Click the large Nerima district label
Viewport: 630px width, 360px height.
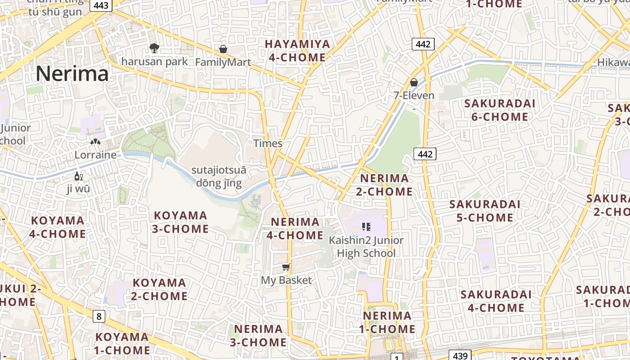click(72, 73)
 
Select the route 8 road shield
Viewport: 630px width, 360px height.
click(99, 316)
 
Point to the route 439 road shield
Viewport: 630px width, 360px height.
click(460, 356)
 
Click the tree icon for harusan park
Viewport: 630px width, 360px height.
click(154, 48)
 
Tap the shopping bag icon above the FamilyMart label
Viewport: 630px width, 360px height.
click(223, 49)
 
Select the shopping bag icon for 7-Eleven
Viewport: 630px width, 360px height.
click(414, 82)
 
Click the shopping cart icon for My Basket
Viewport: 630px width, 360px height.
click(286, 267)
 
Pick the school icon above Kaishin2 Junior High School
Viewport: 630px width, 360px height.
click(366, 227)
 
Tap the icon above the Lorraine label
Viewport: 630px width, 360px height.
click(95, 142)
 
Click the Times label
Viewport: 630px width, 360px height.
click(268, 144)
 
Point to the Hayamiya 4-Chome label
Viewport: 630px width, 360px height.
click(297, 50)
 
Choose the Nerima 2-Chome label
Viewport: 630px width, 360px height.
click(384, 185)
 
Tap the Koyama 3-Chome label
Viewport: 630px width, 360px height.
click(180, 222)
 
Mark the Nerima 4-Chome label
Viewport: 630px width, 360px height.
click(295, 228)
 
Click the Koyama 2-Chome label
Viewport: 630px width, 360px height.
click(159, 289)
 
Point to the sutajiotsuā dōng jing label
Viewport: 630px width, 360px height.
click(219, 176)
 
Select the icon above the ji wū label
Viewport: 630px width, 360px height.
click(78, 176)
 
